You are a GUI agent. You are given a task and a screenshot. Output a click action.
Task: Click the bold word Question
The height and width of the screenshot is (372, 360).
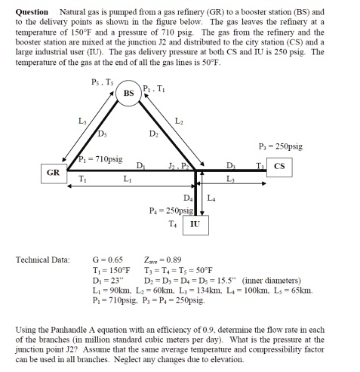[x=31, y=13]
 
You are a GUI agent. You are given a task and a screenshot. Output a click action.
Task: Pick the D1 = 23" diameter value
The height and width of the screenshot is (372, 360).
[x=105, y=279]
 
